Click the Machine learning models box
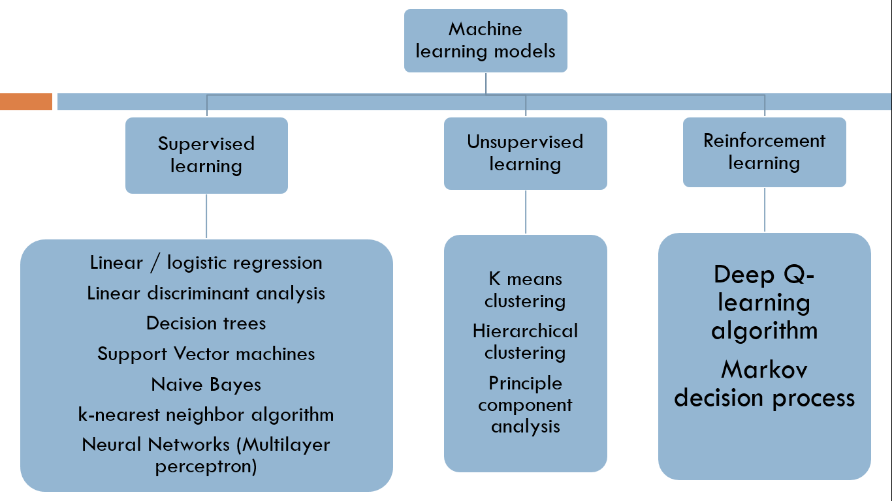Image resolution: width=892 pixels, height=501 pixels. (x=485, y=40)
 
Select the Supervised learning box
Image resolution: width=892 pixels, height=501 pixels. (x=206, y=155)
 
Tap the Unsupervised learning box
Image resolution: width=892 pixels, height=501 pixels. (x=525, y=153)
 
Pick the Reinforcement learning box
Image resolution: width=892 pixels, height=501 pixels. (x=764, y=152)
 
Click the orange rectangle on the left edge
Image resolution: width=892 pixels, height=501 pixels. (x=26, y=102)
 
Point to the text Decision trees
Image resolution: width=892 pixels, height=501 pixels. (x=206, y=323)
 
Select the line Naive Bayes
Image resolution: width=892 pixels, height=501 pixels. (x=206, y=385)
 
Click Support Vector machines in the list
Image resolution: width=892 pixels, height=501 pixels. (x=206, y=354)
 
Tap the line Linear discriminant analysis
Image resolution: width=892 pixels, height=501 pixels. (x=206, y=294)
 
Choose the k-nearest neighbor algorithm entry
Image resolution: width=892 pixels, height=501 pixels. (x=206, y=415)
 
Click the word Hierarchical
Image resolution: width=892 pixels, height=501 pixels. (x=525, y=331)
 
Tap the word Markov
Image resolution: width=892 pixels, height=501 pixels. (x=764, y=370)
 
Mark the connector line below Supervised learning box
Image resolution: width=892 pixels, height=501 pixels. (x=206, y=216)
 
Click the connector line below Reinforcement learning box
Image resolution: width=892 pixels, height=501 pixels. (x=765, y=209)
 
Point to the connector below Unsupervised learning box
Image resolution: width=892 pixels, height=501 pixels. (x=526, y=212)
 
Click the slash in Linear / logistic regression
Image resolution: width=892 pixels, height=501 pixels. (x=155, y=263)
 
